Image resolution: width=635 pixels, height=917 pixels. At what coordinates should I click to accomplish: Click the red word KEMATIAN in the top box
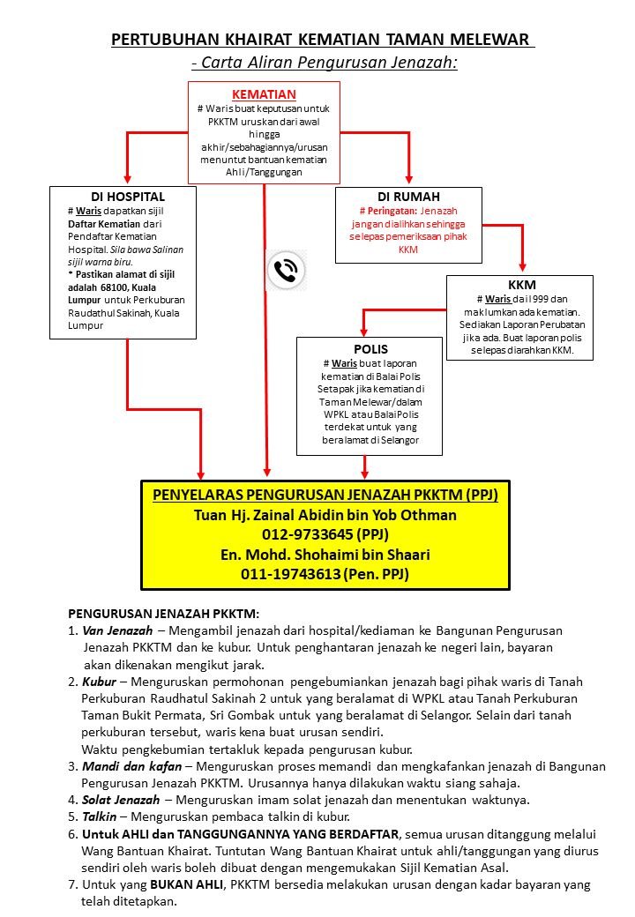point(264,93)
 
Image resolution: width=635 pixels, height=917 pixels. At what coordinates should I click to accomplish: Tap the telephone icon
point(286,270)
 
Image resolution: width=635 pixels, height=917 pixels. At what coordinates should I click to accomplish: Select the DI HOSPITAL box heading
point(128,197)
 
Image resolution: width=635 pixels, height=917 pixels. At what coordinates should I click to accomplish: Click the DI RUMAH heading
point(408,197)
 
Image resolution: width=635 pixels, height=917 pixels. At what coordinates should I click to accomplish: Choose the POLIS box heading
point(370,349)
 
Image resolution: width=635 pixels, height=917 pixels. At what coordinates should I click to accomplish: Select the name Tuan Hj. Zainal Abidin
point(325,515)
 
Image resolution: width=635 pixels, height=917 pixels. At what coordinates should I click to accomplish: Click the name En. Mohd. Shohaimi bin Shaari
point(325,555)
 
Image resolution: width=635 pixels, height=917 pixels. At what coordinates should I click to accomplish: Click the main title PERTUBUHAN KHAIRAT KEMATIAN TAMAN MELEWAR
point(322,40)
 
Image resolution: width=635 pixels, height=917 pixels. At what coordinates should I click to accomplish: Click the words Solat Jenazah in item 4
point(121,800)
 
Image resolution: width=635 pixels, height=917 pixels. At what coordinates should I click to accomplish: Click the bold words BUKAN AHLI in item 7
point(184,884)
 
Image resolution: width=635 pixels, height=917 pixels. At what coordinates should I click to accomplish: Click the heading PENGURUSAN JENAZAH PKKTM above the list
point(163,614)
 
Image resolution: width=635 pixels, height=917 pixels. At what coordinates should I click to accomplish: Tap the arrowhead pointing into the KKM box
point(522,268)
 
